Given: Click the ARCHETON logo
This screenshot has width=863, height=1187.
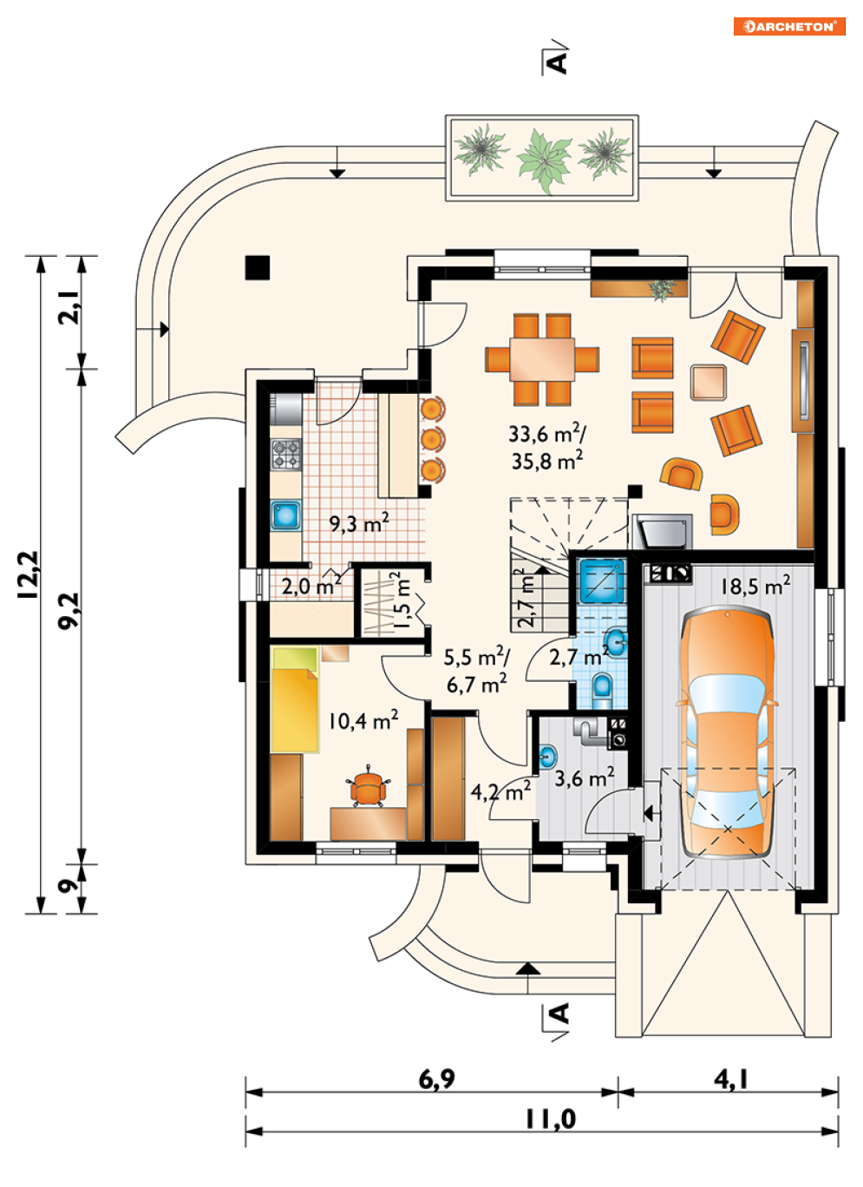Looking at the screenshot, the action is (788, 27).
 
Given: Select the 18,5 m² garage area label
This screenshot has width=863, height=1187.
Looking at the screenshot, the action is (755, 586).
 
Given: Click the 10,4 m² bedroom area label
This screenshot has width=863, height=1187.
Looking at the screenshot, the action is (363, 720).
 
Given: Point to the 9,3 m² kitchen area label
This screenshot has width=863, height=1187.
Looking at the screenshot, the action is (359, 523).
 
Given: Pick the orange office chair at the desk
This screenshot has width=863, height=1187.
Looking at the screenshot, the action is (367, 788).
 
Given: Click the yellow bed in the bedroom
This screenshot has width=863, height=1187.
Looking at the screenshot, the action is (295, 698).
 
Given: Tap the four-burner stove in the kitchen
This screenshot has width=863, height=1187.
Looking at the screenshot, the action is (286, 455).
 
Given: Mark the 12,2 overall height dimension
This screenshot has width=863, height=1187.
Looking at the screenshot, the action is (29, 575).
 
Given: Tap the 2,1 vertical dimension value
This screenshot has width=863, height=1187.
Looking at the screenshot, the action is (69, 306).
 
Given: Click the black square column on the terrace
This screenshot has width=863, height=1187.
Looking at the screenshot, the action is (258, 267).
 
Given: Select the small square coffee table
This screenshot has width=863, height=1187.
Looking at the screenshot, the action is (709, 382).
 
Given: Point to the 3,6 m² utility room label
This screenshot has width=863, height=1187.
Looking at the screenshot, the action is (585, 778).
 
